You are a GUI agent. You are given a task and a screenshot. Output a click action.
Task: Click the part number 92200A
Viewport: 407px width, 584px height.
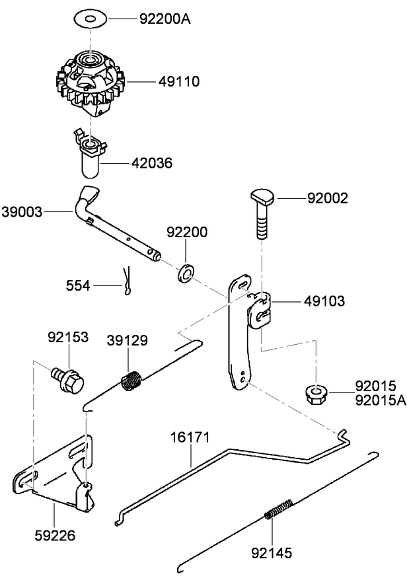[165, 18]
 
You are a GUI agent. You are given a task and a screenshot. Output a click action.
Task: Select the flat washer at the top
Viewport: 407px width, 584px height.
[91, 18]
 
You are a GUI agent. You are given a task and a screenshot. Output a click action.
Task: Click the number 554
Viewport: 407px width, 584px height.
[79, 285]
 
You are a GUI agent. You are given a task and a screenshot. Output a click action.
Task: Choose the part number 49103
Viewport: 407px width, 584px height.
[324, 301]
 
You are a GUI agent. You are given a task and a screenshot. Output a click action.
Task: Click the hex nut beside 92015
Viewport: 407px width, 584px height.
[316, 394]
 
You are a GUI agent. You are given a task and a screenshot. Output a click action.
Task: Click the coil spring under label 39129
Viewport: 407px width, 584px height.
[131, 381]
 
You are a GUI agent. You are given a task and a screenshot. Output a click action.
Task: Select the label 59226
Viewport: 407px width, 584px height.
[55, 534]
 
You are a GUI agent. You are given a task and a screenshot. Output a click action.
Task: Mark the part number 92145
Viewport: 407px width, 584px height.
[272, 552]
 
